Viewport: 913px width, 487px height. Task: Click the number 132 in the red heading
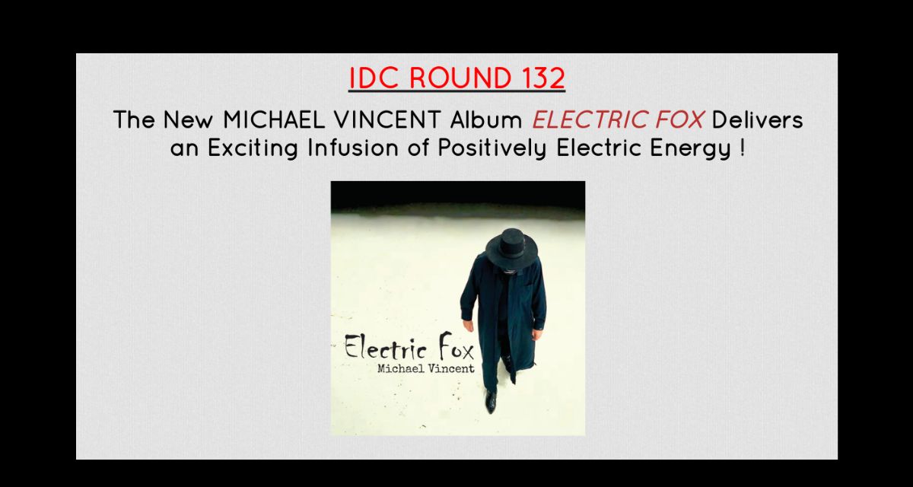click(x=543, y=78)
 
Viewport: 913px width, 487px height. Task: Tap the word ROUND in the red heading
click(x=460, y=78)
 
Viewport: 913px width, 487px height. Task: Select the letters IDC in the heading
click(x=374, y=78)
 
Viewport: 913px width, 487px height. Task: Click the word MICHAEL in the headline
click(x=274, y=120)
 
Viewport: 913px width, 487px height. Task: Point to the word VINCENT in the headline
click(x=387, y=120)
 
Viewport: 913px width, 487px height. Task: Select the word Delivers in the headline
click(x=757, y=120)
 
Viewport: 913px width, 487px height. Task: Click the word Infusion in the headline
click(x=353, y=148)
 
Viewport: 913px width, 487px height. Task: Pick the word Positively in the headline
click(x=492, y=148)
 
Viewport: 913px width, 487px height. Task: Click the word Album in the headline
click(x=486, y=120)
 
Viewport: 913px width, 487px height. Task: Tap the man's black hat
click(x=511, y=249)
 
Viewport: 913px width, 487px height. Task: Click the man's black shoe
click(x=491, y=401)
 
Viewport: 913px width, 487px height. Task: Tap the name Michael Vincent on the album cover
click(x=426, y=368)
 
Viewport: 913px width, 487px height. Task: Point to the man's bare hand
click(x=469, y=325)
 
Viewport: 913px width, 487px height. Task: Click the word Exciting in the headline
click(x=253, y=148)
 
